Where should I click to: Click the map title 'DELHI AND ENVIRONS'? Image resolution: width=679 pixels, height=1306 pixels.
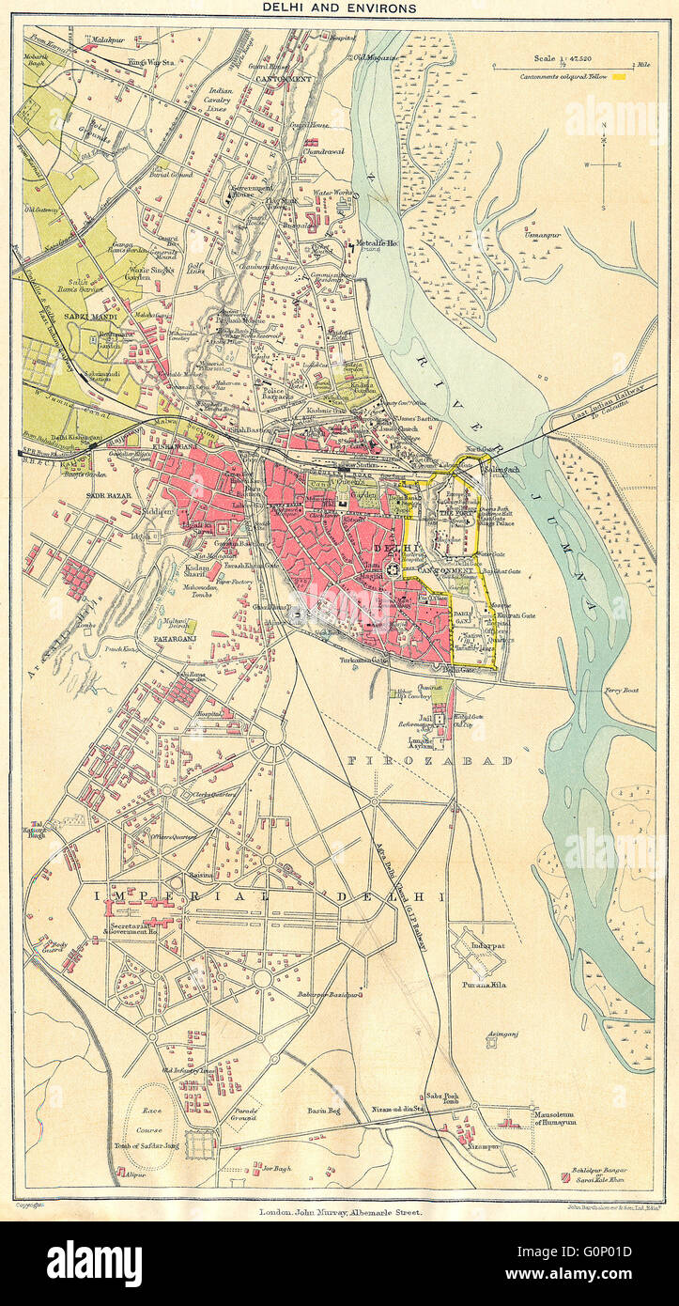[339, 8]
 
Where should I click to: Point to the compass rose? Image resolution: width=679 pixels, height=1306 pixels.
[604, 163]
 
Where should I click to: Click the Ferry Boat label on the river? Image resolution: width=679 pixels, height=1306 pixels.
[619, 691]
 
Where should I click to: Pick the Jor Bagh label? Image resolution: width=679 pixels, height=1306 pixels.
[273, 1169]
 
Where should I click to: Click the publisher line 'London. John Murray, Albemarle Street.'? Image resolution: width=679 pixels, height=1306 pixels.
[339, 1212]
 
